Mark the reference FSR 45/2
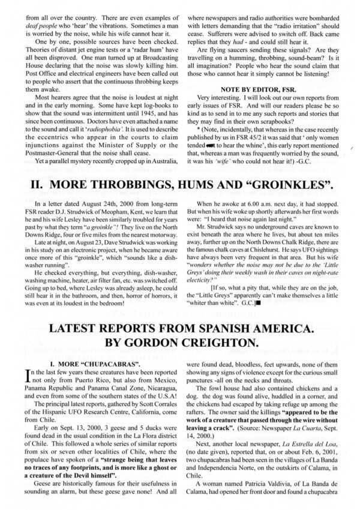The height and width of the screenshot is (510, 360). pyautogui.click(x=256, y=137)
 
